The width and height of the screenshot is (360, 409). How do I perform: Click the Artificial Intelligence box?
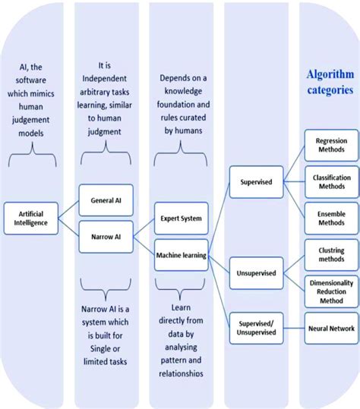[31, 219]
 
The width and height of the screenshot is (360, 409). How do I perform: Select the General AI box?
[106, 199]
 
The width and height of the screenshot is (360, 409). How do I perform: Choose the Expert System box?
[181, 218]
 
